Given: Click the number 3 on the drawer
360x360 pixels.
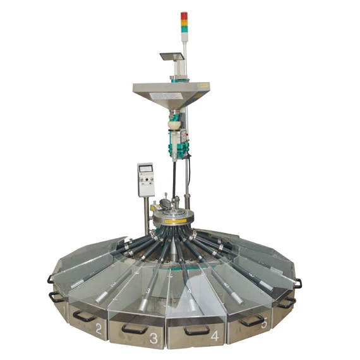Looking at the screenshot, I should tap(153, 338).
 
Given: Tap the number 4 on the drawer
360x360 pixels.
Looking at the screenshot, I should tap(214, 336).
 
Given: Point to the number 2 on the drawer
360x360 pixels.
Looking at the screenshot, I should tap(99, 328).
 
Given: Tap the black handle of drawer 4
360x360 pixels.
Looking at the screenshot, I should tap(196, 330).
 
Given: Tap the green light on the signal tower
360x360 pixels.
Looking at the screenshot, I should tap(184, 29).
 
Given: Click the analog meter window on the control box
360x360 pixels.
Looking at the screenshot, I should tap(147, 169).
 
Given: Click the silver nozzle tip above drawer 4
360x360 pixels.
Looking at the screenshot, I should tap(190, 297).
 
